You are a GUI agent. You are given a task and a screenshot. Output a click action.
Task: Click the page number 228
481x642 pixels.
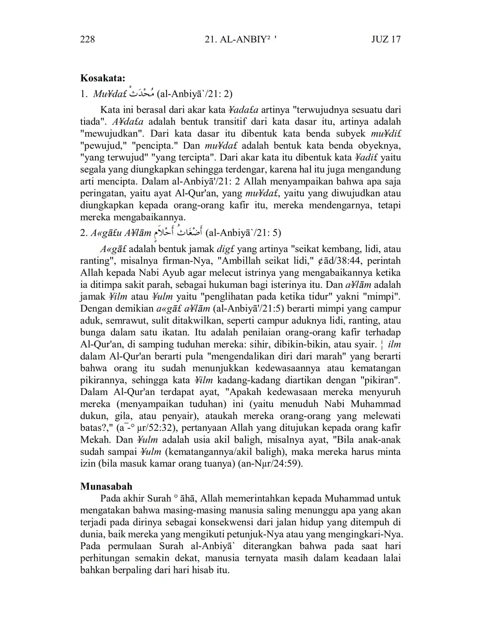pos(87,39)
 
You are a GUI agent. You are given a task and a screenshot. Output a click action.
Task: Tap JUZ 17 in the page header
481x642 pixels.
pos(386,39)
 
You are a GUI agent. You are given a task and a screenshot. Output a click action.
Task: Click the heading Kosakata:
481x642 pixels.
pos(103,78)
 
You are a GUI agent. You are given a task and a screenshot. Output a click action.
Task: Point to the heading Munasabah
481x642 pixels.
pos(106,487)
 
